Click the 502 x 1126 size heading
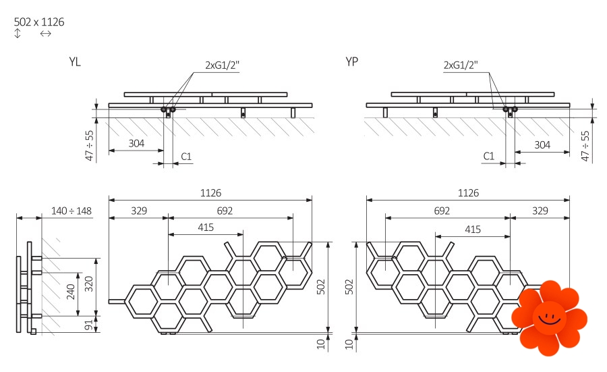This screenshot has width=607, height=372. click(39, 22)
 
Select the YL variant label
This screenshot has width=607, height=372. click(75, 62)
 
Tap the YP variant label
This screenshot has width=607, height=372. click(352, 61)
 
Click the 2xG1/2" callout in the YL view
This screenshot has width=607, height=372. click(222, 65)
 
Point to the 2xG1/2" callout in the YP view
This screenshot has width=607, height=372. click(461, 65)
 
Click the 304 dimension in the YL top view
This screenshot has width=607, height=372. click(136, 143)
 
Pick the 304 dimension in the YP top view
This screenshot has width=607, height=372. click(542, 145)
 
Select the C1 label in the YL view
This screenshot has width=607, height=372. click(186, 157)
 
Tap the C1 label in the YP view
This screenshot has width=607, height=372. click(489, 156)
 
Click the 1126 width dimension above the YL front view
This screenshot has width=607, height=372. click(210, 193)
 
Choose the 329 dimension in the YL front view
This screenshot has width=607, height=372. click(139, 211)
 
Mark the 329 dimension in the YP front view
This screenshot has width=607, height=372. click(540, 211)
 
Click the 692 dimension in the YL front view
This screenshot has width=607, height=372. click(225, 211)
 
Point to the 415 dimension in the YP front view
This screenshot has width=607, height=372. click(473, 230)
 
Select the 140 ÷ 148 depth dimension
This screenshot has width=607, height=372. click(71, 211)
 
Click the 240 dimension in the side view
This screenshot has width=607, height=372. click(71, 292)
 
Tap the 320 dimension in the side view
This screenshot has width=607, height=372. click(89, 284)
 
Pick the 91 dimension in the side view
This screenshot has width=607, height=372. click(89, 325)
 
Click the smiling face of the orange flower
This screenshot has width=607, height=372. click(549, 318)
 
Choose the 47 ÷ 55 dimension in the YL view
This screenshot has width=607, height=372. click(89, 146)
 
